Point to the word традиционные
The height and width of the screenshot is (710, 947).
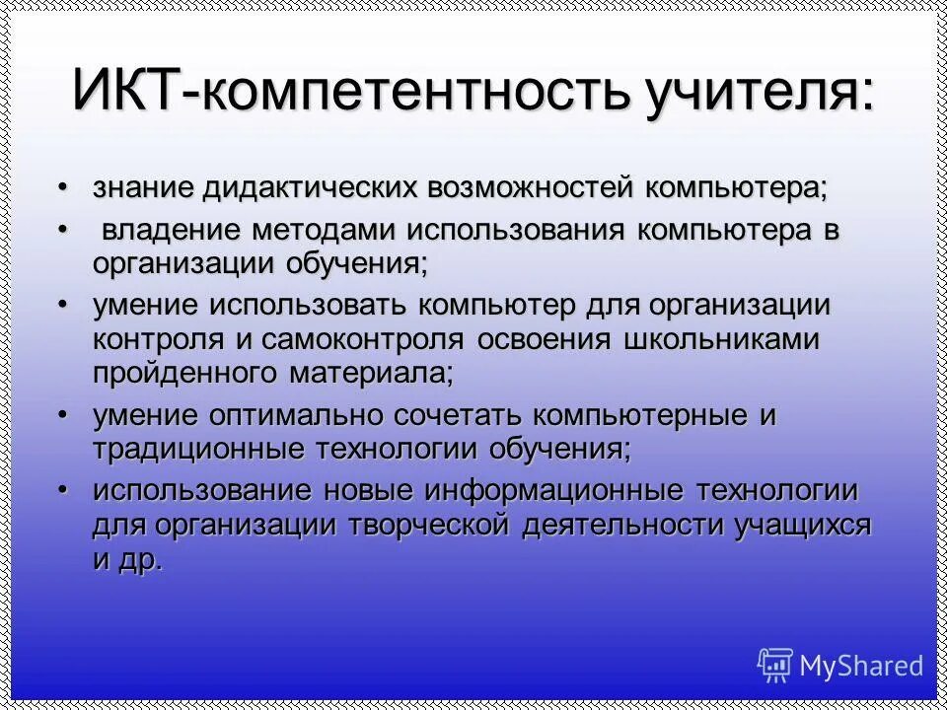[197, 450]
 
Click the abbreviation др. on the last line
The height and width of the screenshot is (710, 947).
[141, 560]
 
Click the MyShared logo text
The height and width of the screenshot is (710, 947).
[861, 666]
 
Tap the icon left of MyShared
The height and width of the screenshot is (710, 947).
[774, 665]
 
